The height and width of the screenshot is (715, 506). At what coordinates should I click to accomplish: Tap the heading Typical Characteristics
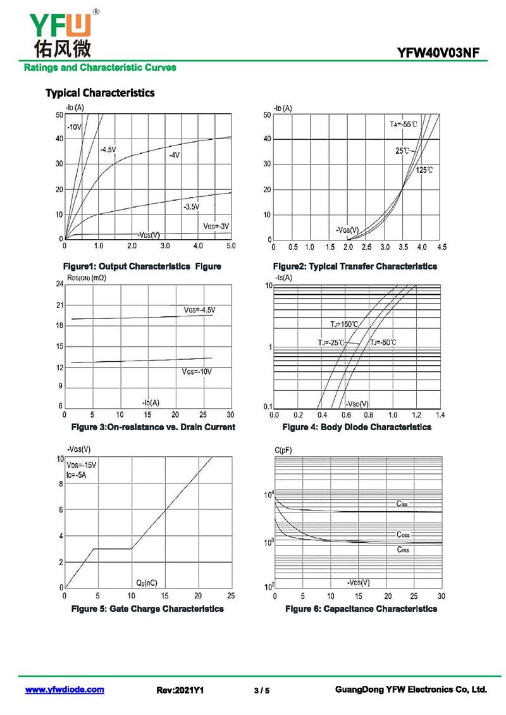[100, 93]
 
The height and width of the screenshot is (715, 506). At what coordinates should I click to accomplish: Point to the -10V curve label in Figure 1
[75, 127]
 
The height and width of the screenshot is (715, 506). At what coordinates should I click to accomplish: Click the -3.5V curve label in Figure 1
[191, 207]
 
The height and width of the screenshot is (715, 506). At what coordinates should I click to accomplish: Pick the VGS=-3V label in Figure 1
[216, 226]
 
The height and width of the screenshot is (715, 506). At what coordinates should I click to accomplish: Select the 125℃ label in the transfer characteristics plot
[424, 171]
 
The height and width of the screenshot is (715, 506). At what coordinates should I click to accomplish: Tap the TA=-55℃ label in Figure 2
[403, 125]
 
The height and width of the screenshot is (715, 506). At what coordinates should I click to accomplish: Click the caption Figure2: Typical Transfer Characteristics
[354, 266]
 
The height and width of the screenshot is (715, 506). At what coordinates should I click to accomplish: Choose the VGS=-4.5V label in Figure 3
[199, 310]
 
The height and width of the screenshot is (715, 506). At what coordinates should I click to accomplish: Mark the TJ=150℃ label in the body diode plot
[344, 325]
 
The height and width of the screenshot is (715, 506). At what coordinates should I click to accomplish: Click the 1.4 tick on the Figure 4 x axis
[440, 415]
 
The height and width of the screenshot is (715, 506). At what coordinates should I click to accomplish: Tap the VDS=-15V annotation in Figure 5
[82, 465]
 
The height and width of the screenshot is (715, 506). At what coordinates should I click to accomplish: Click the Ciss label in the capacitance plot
[402, 504]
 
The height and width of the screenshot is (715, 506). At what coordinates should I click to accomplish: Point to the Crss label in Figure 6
[403, 549]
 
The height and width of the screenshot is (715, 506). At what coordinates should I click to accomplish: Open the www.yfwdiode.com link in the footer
[65, 690]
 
